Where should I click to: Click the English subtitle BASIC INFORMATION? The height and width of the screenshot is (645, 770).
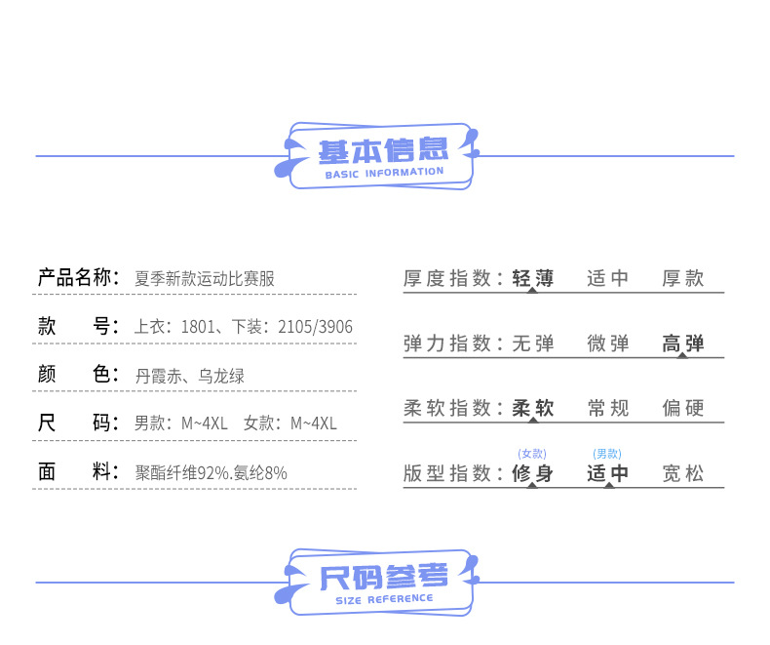384,173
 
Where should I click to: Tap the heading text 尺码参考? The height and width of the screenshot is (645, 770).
384,577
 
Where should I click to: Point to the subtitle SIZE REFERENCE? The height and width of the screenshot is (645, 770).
384,598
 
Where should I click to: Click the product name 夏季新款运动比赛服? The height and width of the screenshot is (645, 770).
205,279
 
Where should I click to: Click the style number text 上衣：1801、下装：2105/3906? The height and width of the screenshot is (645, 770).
244,327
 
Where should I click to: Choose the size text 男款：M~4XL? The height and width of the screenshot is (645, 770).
180,423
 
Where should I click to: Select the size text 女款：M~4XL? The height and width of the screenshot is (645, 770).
290,423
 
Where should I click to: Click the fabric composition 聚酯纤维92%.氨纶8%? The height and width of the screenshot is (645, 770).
212,473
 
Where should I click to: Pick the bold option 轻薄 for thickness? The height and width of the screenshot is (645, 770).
532,279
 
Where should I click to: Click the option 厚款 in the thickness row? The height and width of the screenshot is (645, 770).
683,279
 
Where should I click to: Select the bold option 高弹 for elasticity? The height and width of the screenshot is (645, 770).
683,343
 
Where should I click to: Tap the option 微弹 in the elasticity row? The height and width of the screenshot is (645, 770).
608,343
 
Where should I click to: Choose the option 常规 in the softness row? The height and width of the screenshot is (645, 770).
608,409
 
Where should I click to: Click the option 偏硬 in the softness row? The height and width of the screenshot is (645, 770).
683,409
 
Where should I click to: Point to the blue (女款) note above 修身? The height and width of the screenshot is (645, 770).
532,454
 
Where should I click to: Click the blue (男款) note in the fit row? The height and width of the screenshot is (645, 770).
607,454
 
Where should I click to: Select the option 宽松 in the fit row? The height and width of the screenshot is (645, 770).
683,474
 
